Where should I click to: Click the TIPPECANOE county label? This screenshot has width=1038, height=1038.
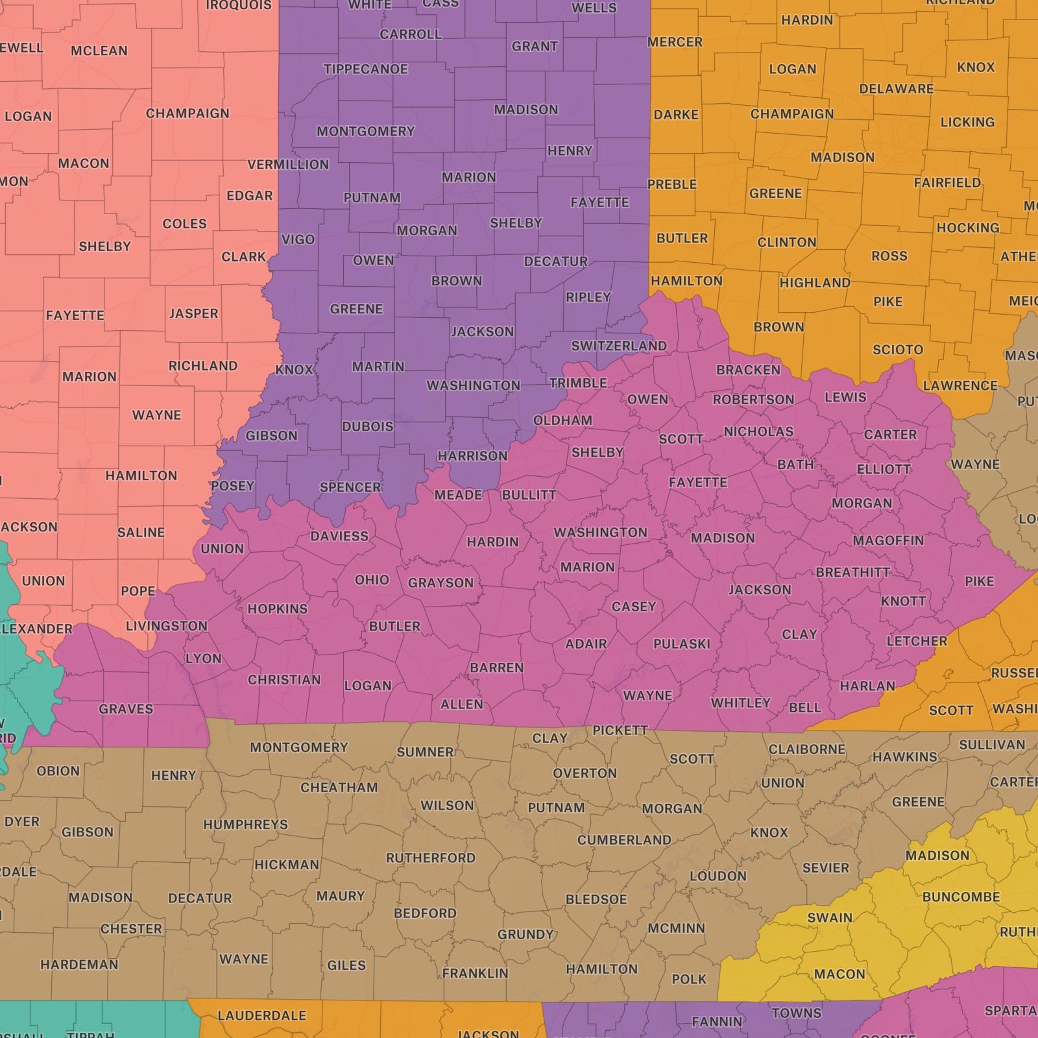point(365,69)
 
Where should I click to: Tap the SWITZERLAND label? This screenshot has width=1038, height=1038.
point(618,346)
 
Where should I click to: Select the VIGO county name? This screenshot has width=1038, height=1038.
point(298,239)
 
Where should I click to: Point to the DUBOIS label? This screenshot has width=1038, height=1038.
point(368,426)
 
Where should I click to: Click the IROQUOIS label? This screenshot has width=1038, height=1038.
point(239,6)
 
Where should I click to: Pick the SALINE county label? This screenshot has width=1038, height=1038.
point(141,533)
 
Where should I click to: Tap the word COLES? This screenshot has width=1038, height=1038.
point(184,224)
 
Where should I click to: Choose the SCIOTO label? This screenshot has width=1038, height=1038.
point(897,350)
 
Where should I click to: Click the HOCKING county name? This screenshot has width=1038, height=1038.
point(967,228)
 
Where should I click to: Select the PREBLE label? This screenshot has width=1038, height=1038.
point(672,184)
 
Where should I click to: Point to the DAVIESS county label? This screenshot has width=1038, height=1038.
point(339,536)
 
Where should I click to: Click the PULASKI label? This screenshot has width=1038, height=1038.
point(682,644)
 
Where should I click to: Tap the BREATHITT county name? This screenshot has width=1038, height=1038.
point(852,572)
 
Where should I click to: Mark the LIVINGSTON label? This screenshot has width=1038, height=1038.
point(166,626)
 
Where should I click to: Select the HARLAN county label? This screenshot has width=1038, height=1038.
point(867,686)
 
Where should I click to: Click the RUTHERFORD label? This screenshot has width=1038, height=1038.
point(431,858)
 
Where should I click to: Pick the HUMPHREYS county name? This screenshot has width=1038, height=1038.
point(245,825)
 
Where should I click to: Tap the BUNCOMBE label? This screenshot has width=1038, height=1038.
point(961,897)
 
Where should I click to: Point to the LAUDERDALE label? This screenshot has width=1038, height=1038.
point(261,1015)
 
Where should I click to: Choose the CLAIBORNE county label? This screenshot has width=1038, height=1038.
point(806,749)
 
